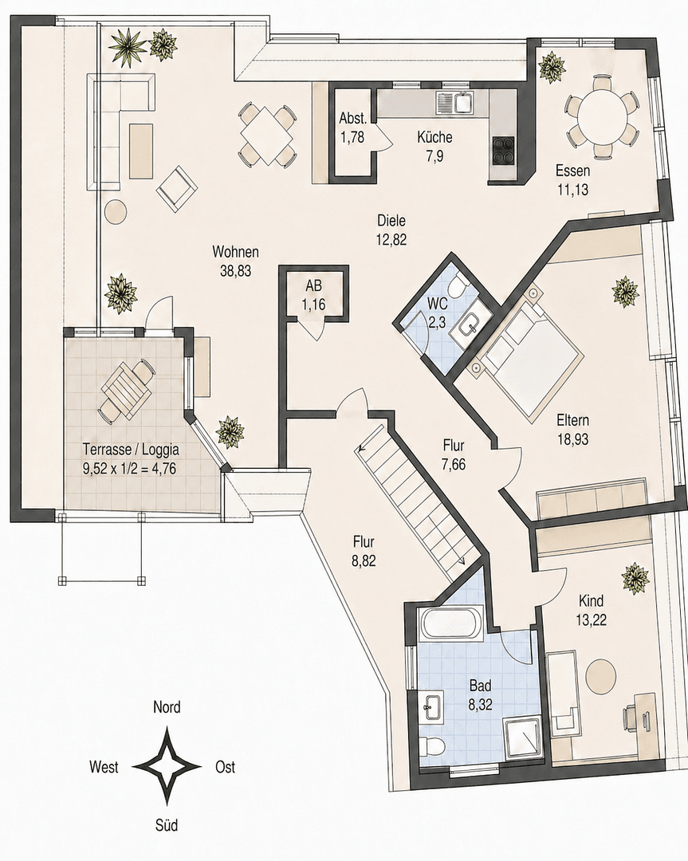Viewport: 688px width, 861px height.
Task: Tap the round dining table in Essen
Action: [602, 116]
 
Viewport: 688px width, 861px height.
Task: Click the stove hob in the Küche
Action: [503, 149]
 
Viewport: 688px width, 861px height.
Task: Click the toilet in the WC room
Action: [455, 287]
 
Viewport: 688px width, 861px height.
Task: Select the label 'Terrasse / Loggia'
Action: [129, 448]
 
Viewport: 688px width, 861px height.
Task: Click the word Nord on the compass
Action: [167, 707]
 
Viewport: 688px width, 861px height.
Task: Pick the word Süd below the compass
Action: [167, 824]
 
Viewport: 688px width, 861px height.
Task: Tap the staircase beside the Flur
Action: [415, 498]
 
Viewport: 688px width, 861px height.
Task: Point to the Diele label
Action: [392, 221]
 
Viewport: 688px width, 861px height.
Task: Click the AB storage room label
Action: [311, 286]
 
